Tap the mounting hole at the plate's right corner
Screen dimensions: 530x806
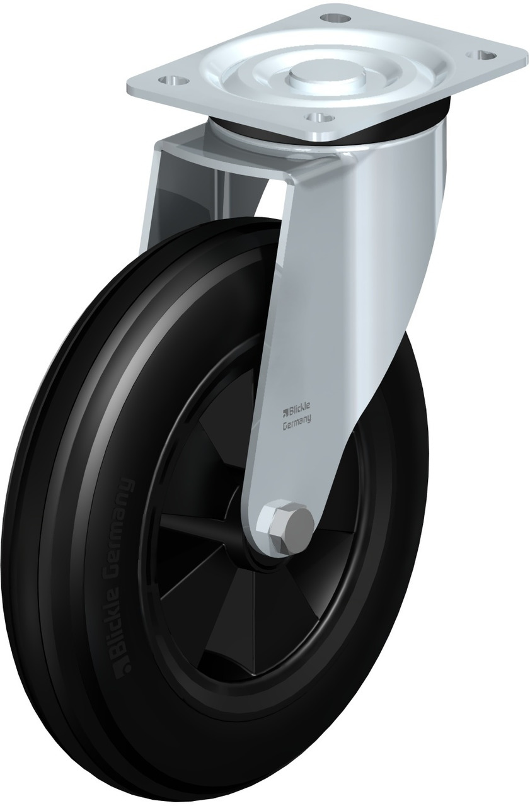pyautogui.click(x=481, y=54)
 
